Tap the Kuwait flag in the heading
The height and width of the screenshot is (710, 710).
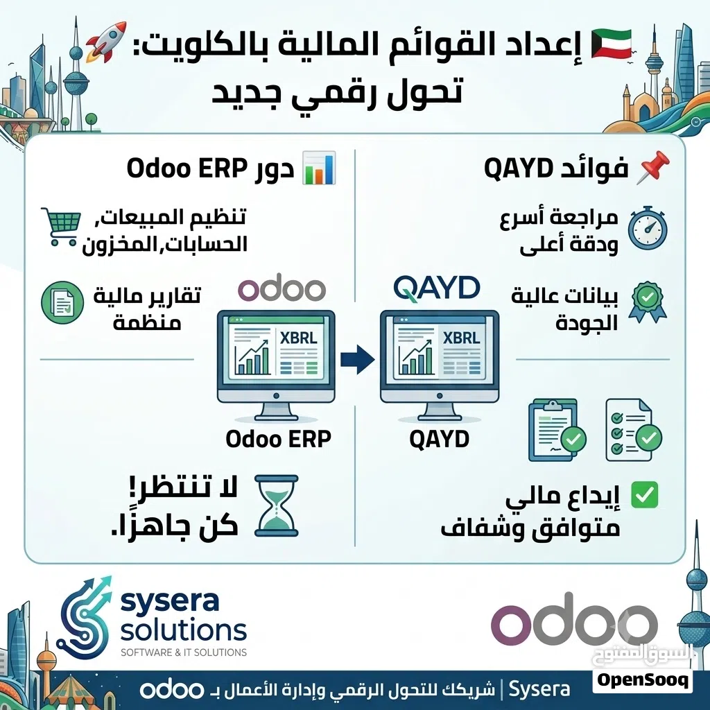tap(612, 42)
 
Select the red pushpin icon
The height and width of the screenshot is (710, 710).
tap(652, 168)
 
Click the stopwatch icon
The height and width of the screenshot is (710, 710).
tap(648, 227)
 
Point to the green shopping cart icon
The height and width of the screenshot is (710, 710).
tap(61, 227)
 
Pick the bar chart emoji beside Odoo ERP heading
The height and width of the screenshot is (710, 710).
tap(319, 168)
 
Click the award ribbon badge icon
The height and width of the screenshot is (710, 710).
tap(648, 302)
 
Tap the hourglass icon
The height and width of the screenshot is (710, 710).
tap(277, 505)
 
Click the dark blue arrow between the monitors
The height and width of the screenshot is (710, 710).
tap(358, 360)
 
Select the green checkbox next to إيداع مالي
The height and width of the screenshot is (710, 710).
tap(644, 494)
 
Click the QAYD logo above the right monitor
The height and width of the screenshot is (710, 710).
tap(437, 288)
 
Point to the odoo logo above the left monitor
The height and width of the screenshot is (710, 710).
tap(282, 287)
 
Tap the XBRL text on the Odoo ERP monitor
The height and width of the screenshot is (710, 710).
tap(298, 338)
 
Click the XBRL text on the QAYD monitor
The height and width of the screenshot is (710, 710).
tap(461, 338)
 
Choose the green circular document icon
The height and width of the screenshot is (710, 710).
tap(62, 302)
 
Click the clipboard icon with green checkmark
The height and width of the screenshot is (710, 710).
tap(557, 430)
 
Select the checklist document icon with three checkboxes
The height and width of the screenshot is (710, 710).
tap(634, 430)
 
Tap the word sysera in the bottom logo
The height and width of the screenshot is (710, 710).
tap(170, 602)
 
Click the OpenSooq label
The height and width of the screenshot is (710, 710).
tap(643, 679)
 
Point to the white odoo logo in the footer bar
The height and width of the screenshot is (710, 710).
tap(171, 690)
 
